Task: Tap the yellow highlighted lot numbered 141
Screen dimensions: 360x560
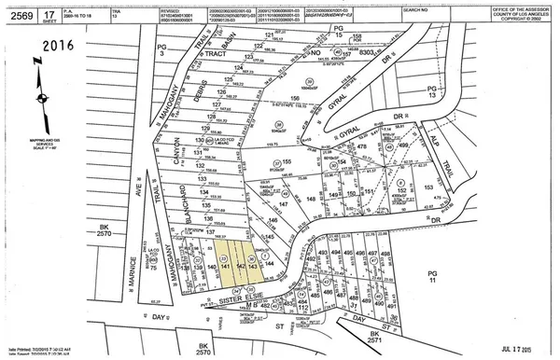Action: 225,267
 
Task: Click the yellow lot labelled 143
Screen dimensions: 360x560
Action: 253,267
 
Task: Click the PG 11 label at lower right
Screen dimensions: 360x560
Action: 534,277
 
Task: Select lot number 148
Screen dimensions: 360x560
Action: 308,199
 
